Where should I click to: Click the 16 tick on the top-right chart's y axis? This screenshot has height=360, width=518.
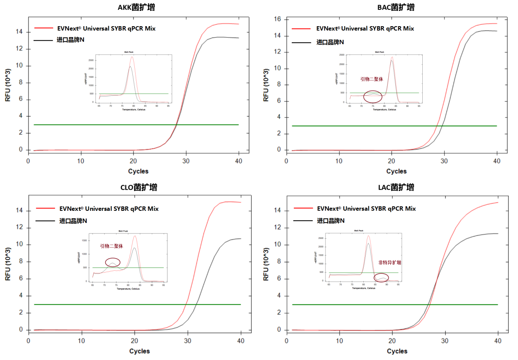277,19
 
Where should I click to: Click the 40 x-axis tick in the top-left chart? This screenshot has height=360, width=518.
239,161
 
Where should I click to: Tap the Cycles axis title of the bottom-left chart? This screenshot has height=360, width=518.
139,351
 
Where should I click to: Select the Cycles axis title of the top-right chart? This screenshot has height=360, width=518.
397,171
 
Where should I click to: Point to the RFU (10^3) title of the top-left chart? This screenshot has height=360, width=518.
8,85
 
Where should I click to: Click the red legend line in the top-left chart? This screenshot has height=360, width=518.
43,28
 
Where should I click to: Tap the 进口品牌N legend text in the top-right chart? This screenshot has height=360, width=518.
330,42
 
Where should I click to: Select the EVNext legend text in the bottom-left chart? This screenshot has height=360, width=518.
109,209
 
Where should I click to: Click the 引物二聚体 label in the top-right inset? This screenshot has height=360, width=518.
372,79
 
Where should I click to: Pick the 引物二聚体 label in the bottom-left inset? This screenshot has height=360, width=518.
111,246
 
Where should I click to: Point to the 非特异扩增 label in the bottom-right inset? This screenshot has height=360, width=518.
389,262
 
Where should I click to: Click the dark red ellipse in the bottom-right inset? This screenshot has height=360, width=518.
381,278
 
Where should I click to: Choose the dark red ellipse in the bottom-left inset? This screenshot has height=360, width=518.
113,262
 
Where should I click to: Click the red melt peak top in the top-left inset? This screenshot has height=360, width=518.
132,57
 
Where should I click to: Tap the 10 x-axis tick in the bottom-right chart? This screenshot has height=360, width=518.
339,340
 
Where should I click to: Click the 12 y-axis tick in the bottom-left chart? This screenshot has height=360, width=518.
19,228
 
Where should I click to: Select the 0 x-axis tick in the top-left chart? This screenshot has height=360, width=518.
28,161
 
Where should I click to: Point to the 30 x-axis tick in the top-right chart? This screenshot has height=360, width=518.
444,161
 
